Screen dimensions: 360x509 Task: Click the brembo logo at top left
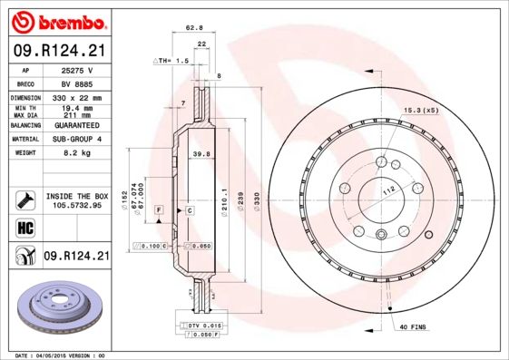[57, 20]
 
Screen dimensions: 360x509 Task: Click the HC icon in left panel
[20, 227]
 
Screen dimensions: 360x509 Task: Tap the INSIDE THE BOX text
[76, 196]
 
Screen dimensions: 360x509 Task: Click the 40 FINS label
[414, 326]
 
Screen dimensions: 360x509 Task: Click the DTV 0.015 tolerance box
[205, 324]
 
